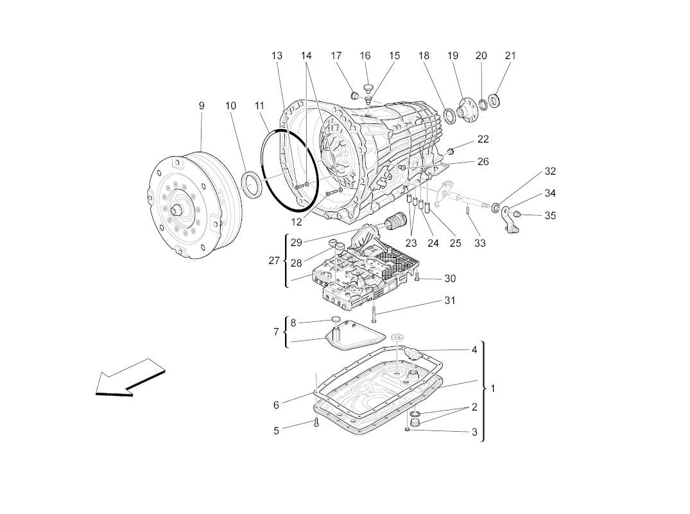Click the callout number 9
202,106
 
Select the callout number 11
259,106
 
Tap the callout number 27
274,261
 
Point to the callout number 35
550,215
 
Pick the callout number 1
493,389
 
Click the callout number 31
449,301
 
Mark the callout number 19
453,55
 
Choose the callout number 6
276,405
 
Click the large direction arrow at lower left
130,378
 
